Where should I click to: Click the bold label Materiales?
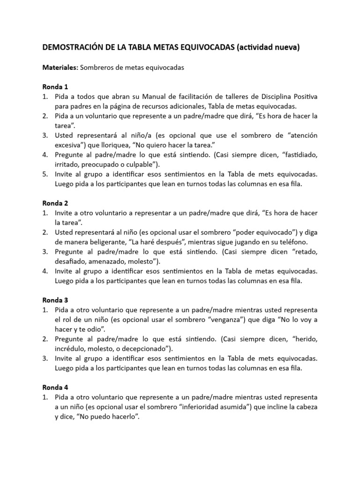pyautogui.click(x=60, y=67)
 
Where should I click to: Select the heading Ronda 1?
pyautogui.click(x=55, y=87)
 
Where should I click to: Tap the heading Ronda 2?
pyautogui.click(x=55, y=203)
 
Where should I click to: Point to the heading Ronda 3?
pyautogui.click(x=55, y=300)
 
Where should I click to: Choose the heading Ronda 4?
pyautogui.click(x=55, y=388)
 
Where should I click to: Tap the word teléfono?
pyautogui.click(x=293, y=242)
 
